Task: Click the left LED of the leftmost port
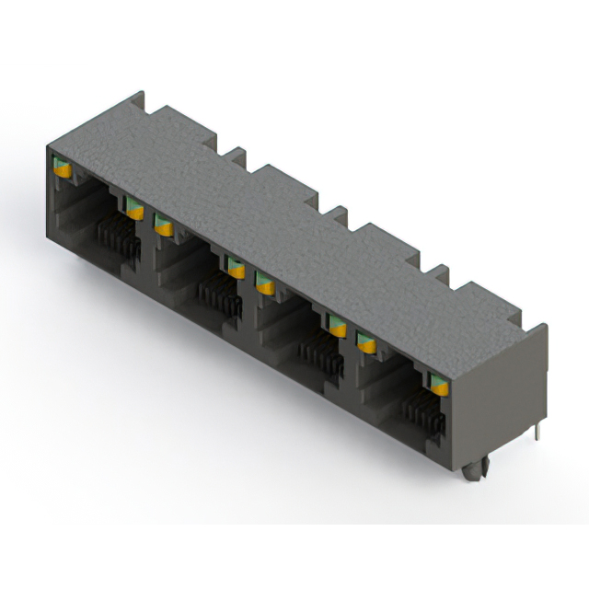(x=63, y=167)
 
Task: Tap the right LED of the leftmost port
(x=135, y=207)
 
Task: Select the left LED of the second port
(x=164, y=224)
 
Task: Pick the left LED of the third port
(x=265, y=283)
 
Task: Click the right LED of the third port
(x=338, y=325)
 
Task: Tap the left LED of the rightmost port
(x=366, y=342)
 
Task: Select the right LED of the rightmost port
(x=440, y=384)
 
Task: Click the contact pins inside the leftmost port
(x=115, y=237)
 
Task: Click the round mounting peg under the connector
(x=473, y=470)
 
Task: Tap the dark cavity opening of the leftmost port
(x=78, y=216)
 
